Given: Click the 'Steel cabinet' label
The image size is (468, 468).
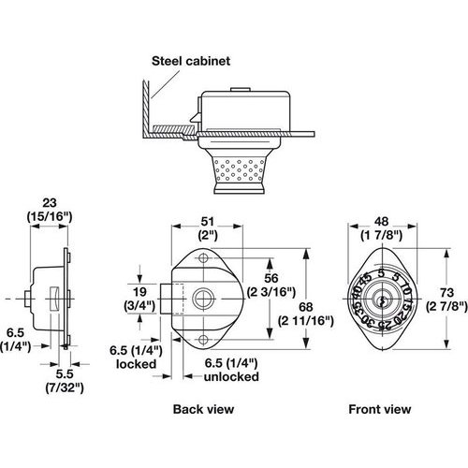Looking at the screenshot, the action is point(191,61).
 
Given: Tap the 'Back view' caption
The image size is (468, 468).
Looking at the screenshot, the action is point(203,409).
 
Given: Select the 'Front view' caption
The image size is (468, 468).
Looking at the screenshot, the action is point(380,409).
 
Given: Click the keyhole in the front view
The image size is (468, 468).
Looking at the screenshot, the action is point(381,301).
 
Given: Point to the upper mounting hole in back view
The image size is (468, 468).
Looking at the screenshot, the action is point(203,258).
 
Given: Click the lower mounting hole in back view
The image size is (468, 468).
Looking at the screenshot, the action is point(203,339).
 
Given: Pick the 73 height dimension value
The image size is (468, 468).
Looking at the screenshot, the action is point(446,293).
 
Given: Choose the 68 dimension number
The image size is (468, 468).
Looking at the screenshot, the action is point(306,307).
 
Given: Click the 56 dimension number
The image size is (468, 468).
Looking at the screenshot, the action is point(271,278).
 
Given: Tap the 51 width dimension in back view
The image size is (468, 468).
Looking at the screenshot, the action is point(208,222).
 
